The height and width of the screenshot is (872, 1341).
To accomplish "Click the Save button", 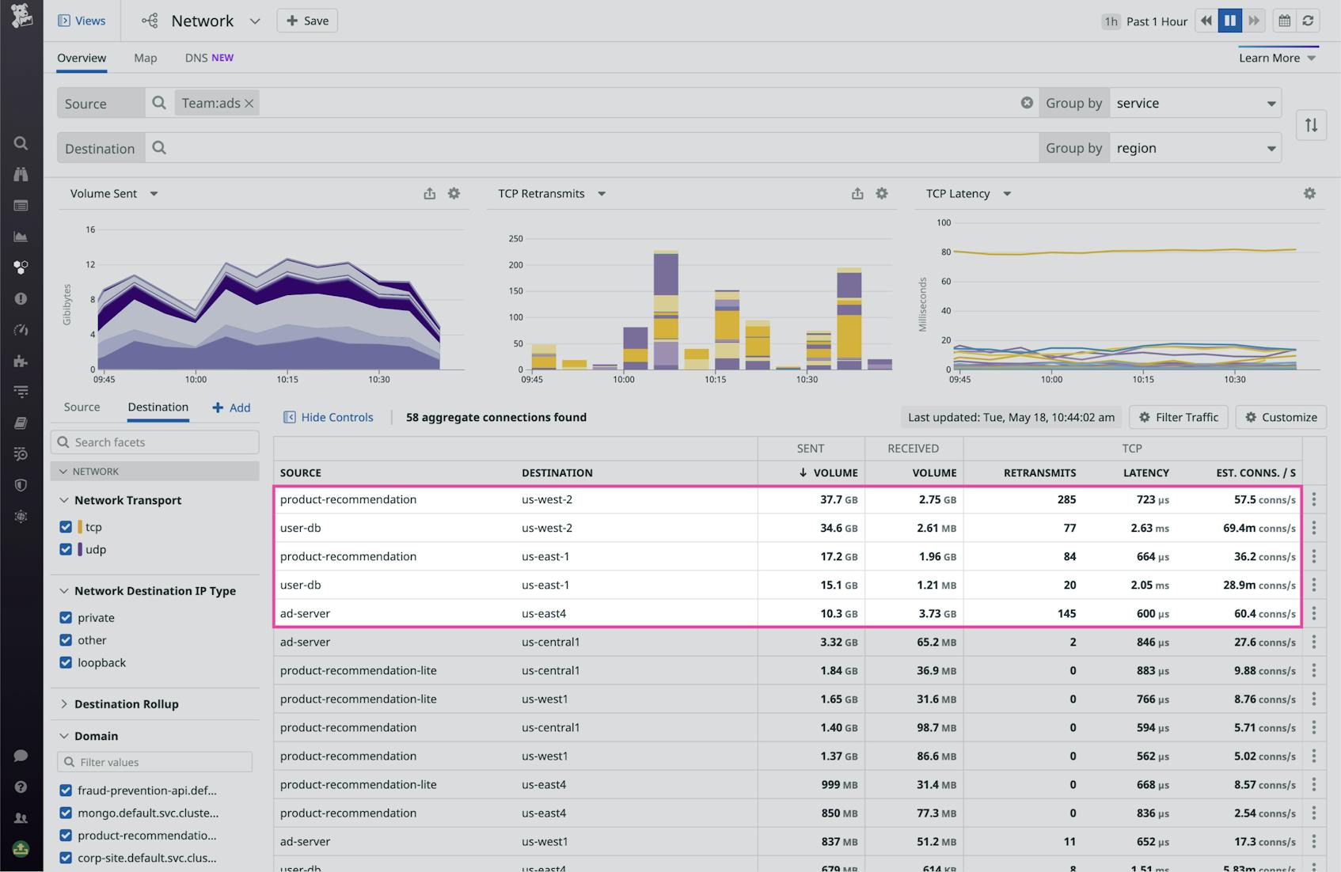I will pyautogui.click(x=307, y=21).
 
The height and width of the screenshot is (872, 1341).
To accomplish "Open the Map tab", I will pyautogui.click(x=145, y=58).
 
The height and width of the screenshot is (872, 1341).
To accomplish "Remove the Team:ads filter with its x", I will pyautogui.click(x=249, y=104).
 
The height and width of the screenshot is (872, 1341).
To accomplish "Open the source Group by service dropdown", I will pyautogui.click(x=1195, y=104).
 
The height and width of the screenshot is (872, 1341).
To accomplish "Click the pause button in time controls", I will pyautogui.click(x=1229, y=21).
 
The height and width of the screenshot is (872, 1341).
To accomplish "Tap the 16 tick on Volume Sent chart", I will pyautogui.click(x=90, y=229).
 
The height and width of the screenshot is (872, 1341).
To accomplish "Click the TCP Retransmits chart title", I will pyautogui.click(x=541, y=193).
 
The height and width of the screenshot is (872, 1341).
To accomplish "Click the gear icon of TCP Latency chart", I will pyautogui.click(x=1309, y=193).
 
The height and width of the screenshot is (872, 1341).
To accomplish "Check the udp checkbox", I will pyautogui.click(x=66, y=549).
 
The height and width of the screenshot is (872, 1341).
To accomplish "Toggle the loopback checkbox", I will pyautogui.click(x=66, y=662).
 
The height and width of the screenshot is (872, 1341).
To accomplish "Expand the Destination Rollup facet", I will pyautogui.click(x=126, y=703).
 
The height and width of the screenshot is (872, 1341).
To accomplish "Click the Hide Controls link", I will pyautogui.click(x=329, y=417).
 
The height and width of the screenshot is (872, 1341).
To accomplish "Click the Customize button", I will pyautogui.click(x=1280, y=417).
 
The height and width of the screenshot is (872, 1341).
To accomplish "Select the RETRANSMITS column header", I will pyautogui.click(x=1039, y=472).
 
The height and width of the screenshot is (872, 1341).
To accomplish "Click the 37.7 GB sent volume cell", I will pyautogui.click(x=838, y=499).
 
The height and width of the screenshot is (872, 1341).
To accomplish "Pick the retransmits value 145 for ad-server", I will pyautogui.click(x=1066, y=613).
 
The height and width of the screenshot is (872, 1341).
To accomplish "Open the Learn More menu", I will pyautogui.click(x=1277, y=58).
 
